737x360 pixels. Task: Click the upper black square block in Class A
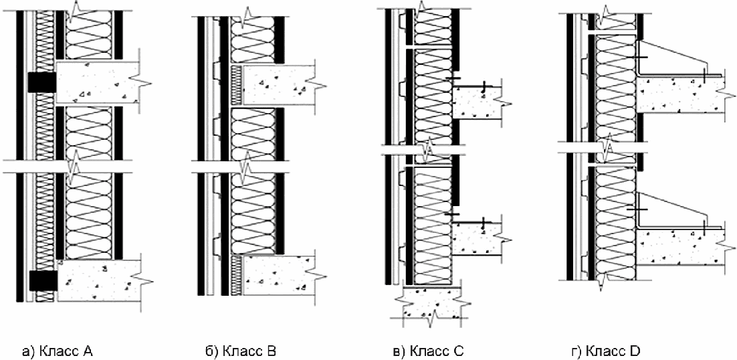click(41, 82)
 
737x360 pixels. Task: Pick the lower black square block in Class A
click(43, 280)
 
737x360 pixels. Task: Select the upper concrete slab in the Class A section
click(98, 83)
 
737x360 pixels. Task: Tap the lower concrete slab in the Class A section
click(100, 281)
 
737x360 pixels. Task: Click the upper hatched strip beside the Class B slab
click(237, 84)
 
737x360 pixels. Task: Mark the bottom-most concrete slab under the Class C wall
click(431, 304)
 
